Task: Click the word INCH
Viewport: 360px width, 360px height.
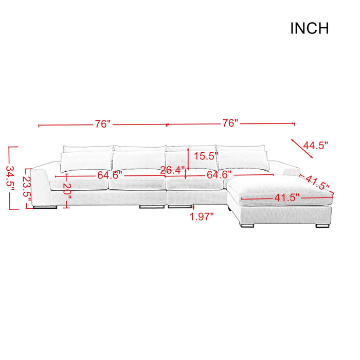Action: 309,29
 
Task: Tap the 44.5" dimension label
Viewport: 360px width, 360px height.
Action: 315,146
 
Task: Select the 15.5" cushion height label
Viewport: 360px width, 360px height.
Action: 203,156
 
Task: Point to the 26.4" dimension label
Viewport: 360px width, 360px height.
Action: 172,170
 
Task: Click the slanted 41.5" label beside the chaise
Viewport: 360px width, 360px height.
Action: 317,182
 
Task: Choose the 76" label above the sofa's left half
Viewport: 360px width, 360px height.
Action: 102,124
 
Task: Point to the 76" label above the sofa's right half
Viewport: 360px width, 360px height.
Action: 230,123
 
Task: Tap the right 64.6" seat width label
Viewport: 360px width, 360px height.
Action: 219,175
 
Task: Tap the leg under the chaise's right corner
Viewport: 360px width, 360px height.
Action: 323,225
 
